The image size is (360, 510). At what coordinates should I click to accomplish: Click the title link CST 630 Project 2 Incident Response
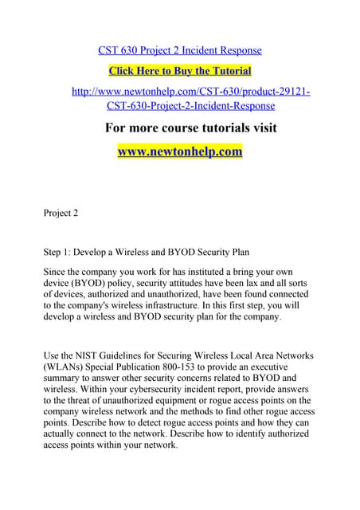[x=180, y=50]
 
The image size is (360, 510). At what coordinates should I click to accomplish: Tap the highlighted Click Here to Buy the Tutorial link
[x=180, y=71]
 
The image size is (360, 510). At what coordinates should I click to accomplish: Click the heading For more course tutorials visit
[x=191, y=127]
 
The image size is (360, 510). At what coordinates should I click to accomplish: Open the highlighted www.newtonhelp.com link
[x=180, y=151]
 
